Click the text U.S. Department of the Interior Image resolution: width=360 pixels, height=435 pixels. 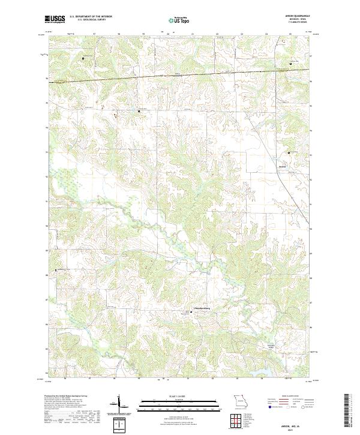[x=91, y=17]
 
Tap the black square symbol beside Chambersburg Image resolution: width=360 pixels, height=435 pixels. [x=192, y=311]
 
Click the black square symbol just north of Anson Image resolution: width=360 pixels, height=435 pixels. [x=288, y=153]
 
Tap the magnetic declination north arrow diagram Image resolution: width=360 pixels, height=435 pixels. [x=119, y=404]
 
